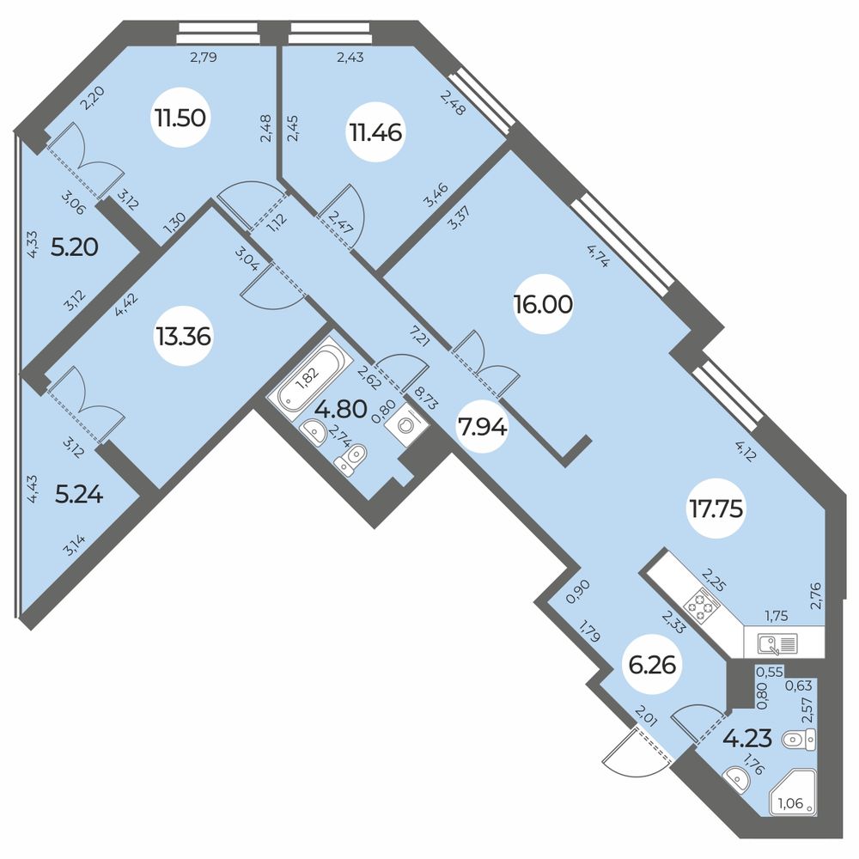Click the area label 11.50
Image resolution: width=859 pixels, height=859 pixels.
pyautogui.click(x=180, y=118)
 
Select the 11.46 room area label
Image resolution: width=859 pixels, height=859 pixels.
pyautogui.click(x=375, y=132)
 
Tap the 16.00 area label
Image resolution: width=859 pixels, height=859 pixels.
pyautogui.click(x=543, y=304)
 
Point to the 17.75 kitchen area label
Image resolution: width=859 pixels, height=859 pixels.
pyautogui.click(x=715, y=509)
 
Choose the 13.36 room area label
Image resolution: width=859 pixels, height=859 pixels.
pyautogui.click(x=184, y=336)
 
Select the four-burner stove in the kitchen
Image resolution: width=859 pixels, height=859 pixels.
pyautogui.click(x=704, y=606)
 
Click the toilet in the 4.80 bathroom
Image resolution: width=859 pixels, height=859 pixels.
pyautogui.click(x=351, y=460)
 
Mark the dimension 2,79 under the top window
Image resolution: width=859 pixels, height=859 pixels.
pyautogui.click(x=204, y=58)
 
